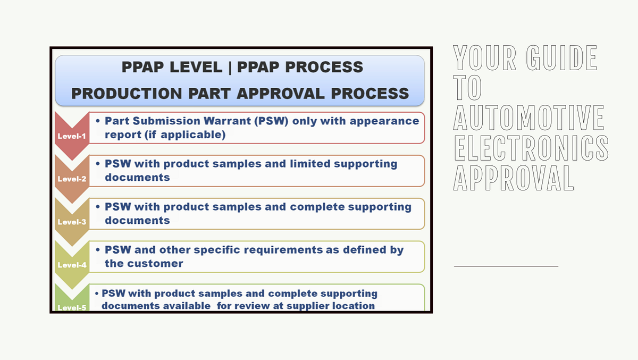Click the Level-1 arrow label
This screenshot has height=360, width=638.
tap(71, 136)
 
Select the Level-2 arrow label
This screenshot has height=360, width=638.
tap(71, 179)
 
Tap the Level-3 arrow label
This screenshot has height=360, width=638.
tap(71, 222)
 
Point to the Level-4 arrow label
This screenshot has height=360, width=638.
tap(71, 265)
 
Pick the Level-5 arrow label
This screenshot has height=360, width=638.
tap(71, 307)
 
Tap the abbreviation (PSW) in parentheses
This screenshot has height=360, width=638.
tap(273, 121)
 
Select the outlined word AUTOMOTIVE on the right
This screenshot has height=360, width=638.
tap(528, 118)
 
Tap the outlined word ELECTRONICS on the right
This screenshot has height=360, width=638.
tap(530, 148)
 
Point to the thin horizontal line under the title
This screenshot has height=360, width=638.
tap(506, 265)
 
